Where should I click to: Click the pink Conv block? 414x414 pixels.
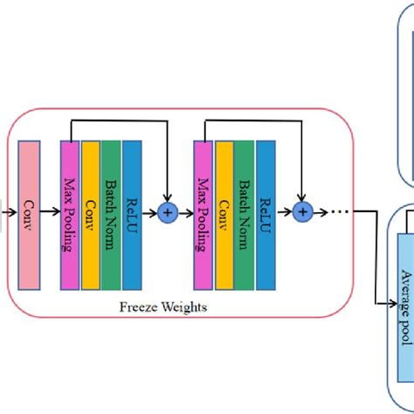point(29,210)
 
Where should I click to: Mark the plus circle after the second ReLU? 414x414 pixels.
point(303,211)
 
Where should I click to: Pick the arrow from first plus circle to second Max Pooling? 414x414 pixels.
point(185,211)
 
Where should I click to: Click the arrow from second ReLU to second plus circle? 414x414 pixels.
point(285,211)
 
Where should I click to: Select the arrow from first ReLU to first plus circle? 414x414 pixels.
point(150,211)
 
